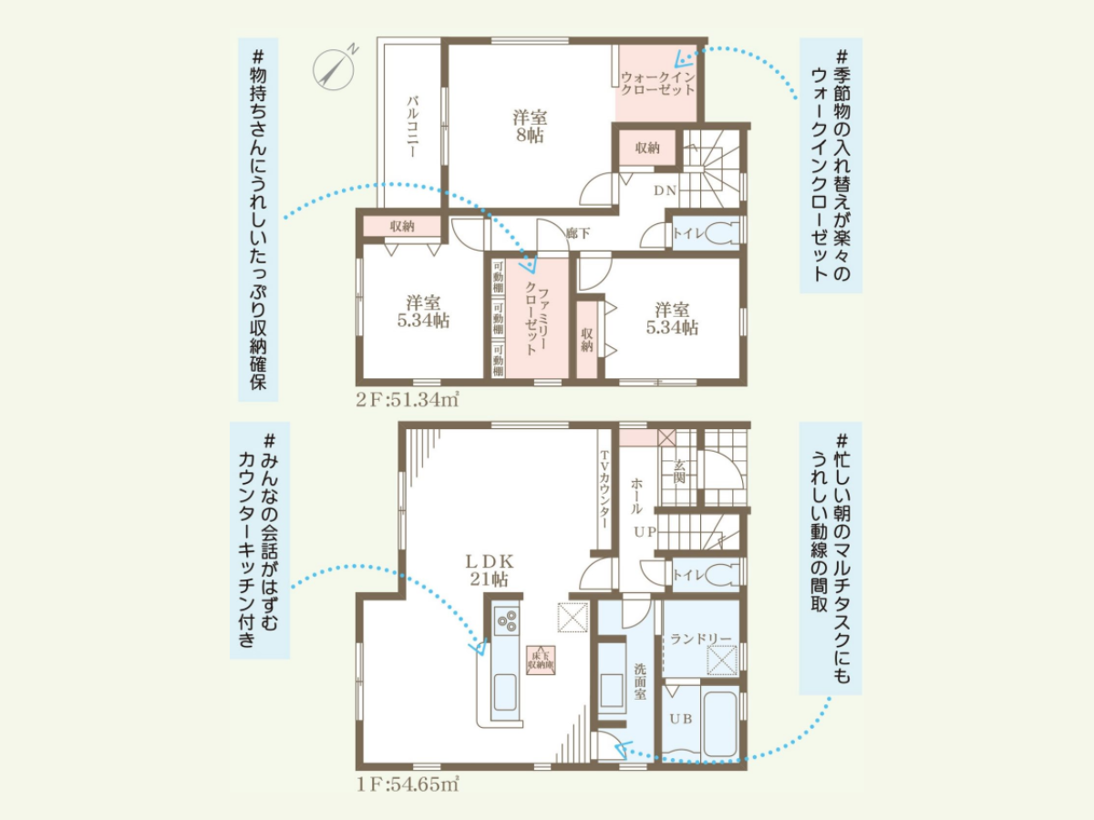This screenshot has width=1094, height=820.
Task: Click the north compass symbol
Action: click(x=334, y=69)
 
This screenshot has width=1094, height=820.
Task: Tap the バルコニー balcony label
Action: click(x=413, y=127)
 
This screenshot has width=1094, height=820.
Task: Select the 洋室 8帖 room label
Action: click(x=530, y=127)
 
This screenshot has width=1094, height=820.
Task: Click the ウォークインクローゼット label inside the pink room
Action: click(x=657, y=84)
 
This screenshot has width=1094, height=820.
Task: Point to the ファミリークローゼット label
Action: click(x=536, y=319)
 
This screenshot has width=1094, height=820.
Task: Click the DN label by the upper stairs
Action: click(x=665, y=190)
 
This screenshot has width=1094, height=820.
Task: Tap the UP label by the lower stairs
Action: click(x=645, y=532)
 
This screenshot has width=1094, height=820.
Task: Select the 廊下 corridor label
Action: click(x=578, y=232)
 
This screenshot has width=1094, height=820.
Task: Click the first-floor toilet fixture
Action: click(x=723, y=575)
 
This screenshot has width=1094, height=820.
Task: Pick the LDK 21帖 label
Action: click(x=489, y=570)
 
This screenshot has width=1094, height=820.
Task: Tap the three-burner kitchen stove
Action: click(x=506, y=620)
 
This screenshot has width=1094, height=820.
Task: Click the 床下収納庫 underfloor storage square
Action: click(x=542, y=661)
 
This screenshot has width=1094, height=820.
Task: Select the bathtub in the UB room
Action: click(x=719, y=722)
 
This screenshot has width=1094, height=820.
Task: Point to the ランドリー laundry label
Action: click(x=700, y=639)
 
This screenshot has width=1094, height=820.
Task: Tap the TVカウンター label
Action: click(x=604, y=490)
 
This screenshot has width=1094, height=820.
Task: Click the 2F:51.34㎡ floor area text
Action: click(x=408, y=400)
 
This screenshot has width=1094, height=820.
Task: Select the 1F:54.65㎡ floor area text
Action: click(x=408, y=784)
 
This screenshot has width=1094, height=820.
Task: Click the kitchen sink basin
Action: click(x=504, y=692)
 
